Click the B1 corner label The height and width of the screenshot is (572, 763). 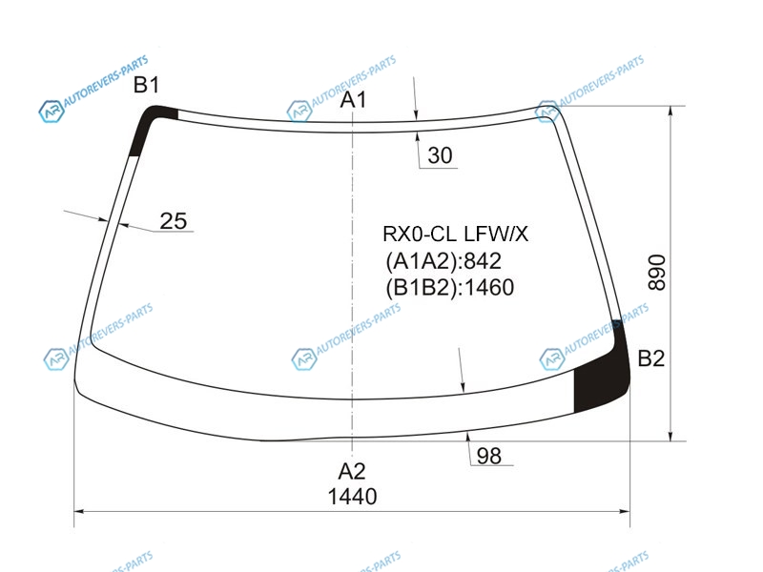coord(147,85)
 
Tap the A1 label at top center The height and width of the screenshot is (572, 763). coord(353,100)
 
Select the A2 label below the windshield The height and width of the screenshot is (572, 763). coord(352,471)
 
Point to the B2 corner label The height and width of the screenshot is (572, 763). coord(651,358)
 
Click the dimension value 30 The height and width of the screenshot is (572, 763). coord(440,155)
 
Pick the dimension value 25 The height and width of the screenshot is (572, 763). coord(174,221)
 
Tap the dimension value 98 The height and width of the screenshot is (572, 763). coord(488,457)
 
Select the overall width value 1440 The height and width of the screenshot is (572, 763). coord(352,497)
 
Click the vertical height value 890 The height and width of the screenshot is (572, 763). coord(657,273)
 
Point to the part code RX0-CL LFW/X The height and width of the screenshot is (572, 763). coord(455,235)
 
